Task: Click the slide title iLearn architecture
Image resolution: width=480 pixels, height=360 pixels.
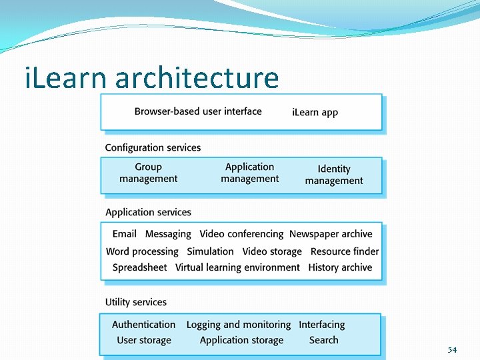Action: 151,78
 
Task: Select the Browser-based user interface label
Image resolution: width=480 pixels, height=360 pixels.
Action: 198,111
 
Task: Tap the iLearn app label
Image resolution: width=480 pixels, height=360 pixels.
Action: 315,112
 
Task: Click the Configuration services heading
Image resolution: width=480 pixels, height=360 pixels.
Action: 153,147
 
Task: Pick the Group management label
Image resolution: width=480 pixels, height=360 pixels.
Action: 148,173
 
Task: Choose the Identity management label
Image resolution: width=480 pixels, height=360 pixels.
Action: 334,175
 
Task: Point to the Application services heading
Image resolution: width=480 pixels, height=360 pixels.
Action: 148,212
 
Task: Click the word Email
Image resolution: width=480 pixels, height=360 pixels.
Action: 125,234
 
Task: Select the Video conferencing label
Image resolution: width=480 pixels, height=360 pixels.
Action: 241,234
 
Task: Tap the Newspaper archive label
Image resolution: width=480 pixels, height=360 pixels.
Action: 331,234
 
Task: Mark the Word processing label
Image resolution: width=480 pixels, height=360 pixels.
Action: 142,251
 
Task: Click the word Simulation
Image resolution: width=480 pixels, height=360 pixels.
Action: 210,251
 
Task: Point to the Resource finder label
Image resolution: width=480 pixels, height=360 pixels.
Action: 345,251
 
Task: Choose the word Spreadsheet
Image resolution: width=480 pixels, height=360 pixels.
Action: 140,267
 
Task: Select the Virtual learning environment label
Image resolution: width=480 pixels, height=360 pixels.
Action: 237,267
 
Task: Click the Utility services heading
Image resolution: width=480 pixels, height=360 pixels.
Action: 136,302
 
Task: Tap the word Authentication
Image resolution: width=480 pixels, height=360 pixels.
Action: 144,325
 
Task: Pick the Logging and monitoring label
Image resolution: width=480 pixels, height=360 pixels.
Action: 239,325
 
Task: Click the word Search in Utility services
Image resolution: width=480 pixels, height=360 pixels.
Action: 324,340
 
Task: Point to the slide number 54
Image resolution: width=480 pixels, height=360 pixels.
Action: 452,349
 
